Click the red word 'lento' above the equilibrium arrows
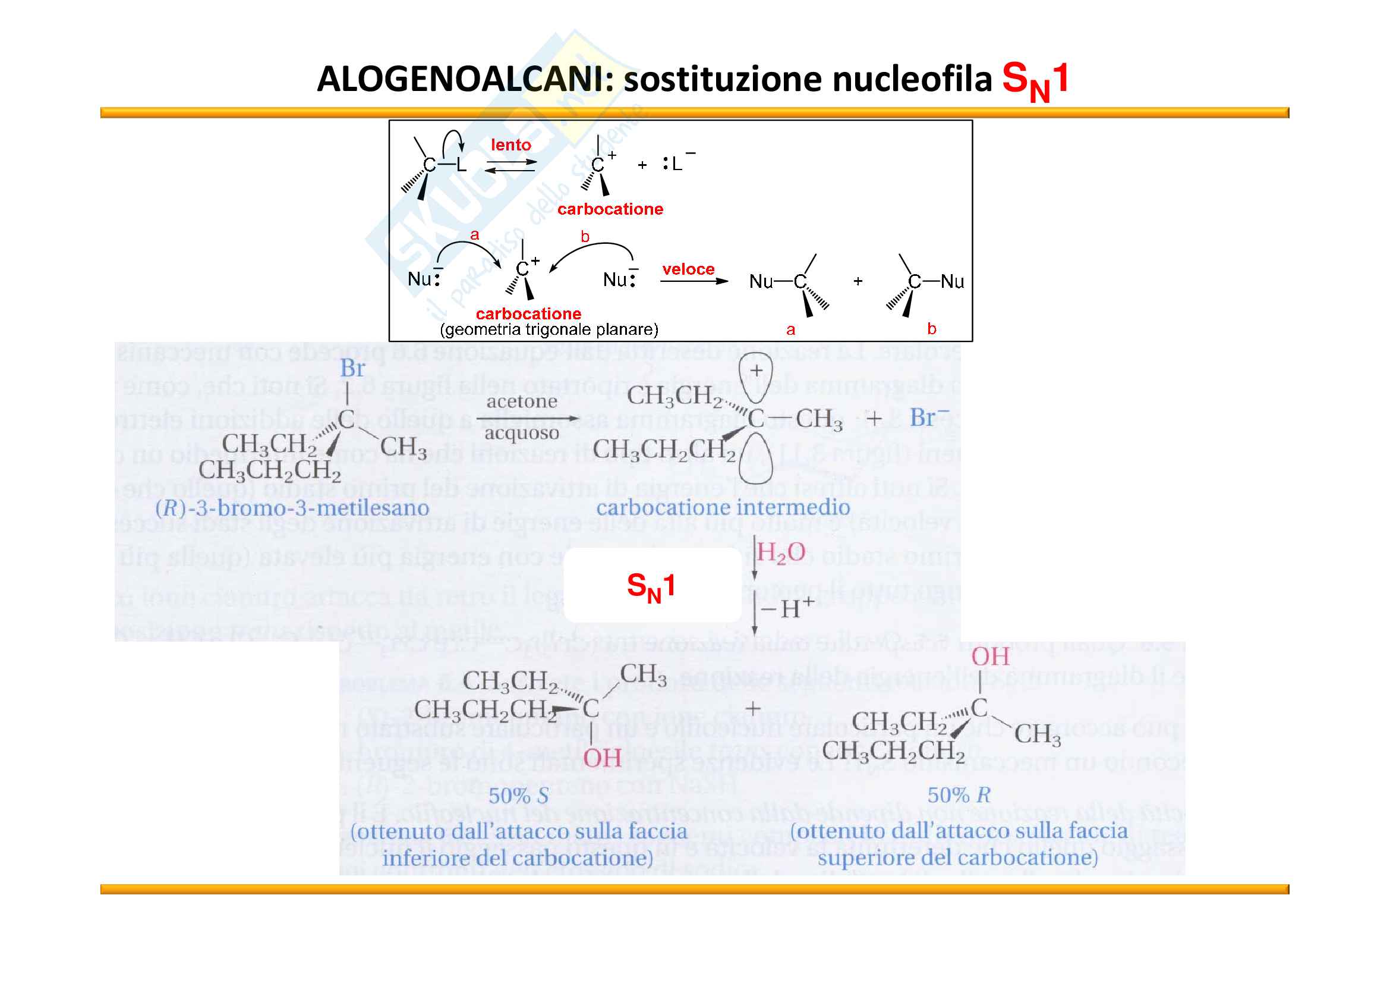(x=510, y=145)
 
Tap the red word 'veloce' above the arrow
(x=688, y=269)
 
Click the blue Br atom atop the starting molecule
(x=352, y=368)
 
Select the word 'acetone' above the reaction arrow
(x=522, y=401)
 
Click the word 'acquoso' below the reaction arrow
(x=521, y=434)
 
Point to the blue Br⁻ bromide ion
(x=929, y=418)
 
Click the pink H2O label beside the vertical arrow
(x=781, y=552)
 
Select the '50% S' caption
(x=518, y=795)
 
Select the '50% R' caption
(x=959, y=794)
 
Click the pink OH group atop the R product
(x=991, y=657)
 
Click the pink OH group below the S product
(x=602, y=758)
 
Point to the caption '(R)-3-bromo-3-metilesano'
(x=292, y=507)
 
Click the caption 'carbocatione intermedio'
(x=723, y=507)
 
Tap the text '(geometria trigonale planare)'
(x=549, y=329)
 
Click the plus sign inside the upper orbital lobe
(x=756, y=370)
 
